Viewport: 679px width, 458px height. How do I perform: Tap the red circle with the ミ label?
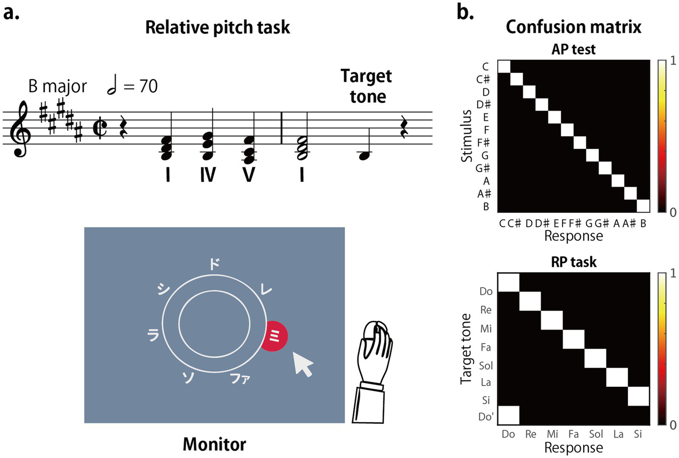[274, 336]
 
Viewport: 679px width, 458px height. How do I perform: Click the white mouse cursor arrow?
[303, 364]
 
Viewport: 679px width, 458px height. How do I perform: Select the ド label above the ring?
[214, 264]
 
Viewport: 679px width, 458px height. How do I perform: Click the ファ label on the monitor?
[240, 379]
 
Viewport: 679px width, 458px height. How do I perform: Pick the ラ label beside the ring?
[153, 335]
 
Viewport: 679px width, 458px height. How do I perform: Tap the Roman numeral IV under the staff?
[208, 175]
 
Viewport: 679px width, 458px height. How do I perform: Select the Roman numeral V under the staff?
[249, 175]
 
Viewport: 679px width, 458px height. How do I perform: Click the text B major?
[58, 86]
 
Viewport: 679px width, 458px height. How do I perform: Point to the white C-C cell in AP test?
[504, 66]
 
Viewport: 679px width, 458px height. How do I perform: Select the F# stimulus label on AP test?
[483, 142]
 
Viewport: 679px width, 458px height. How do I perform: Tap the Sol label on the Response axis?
[596, 434]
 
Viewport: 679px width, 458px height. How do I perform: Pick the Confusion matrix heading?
[573, 27]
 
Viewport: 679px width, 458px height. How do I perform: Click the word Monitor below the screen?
[214, 444]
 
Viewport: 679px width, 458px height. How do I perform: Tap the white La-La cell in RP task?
[617, 377]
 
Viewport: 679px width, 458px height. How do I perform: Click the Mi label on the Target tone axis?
[486, 328]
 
